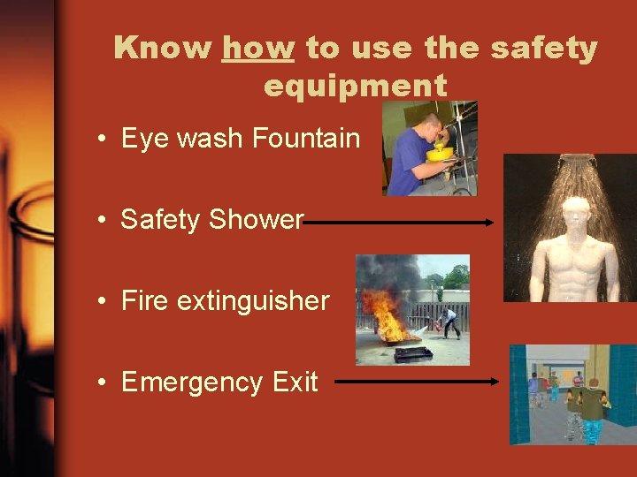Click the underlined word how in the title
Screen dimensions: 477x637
pyautogui.click(x=257, y=48)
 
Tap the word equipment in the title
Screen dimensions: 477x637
pyautogui.click(x=355, y=86)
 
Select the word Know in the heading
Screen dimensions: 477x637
pyautogui.click(x=164, y=48)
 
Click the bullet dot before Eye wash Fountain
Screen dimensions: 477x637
pyautogui.click(x=104, y=140)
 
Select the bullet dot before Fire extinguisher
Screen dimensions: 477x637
pyautogui.click(x=104, y=302)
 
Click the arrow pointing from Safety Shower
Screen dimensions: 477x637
pyautogui.click(x=398, y=223)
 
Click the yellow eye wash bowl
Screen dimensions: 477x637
pyautogui.click(x=439, y=154)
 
